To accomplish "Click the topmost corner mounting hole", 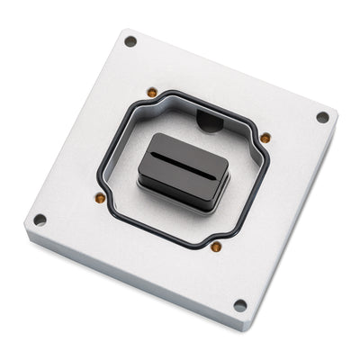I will [x=130, y=41].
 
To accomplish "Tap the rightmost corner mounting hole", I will [x=322, y=117].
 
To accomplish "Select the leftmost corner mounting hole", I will [x=40, y=220].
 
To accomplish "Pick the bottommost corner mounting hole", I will [x=239, y=305].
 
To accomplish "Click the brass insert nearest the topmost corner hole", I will [x=152, y=93].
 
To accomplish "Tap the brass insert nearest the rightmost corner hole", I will [x=265, y=138].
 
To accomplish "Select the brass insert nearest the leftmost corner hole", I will [x=100, y=198].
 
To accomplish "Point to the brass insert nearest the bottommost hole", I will [x=216, y=246].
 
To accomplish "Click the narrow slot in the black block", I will [x=184, y=160].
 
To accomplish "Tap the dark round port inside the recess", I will [x=209, y=120].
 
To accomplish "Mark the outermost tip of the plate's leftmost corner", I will [x=24, y=236].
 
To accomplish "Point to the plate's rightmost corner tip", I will [x=338, y=113].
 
